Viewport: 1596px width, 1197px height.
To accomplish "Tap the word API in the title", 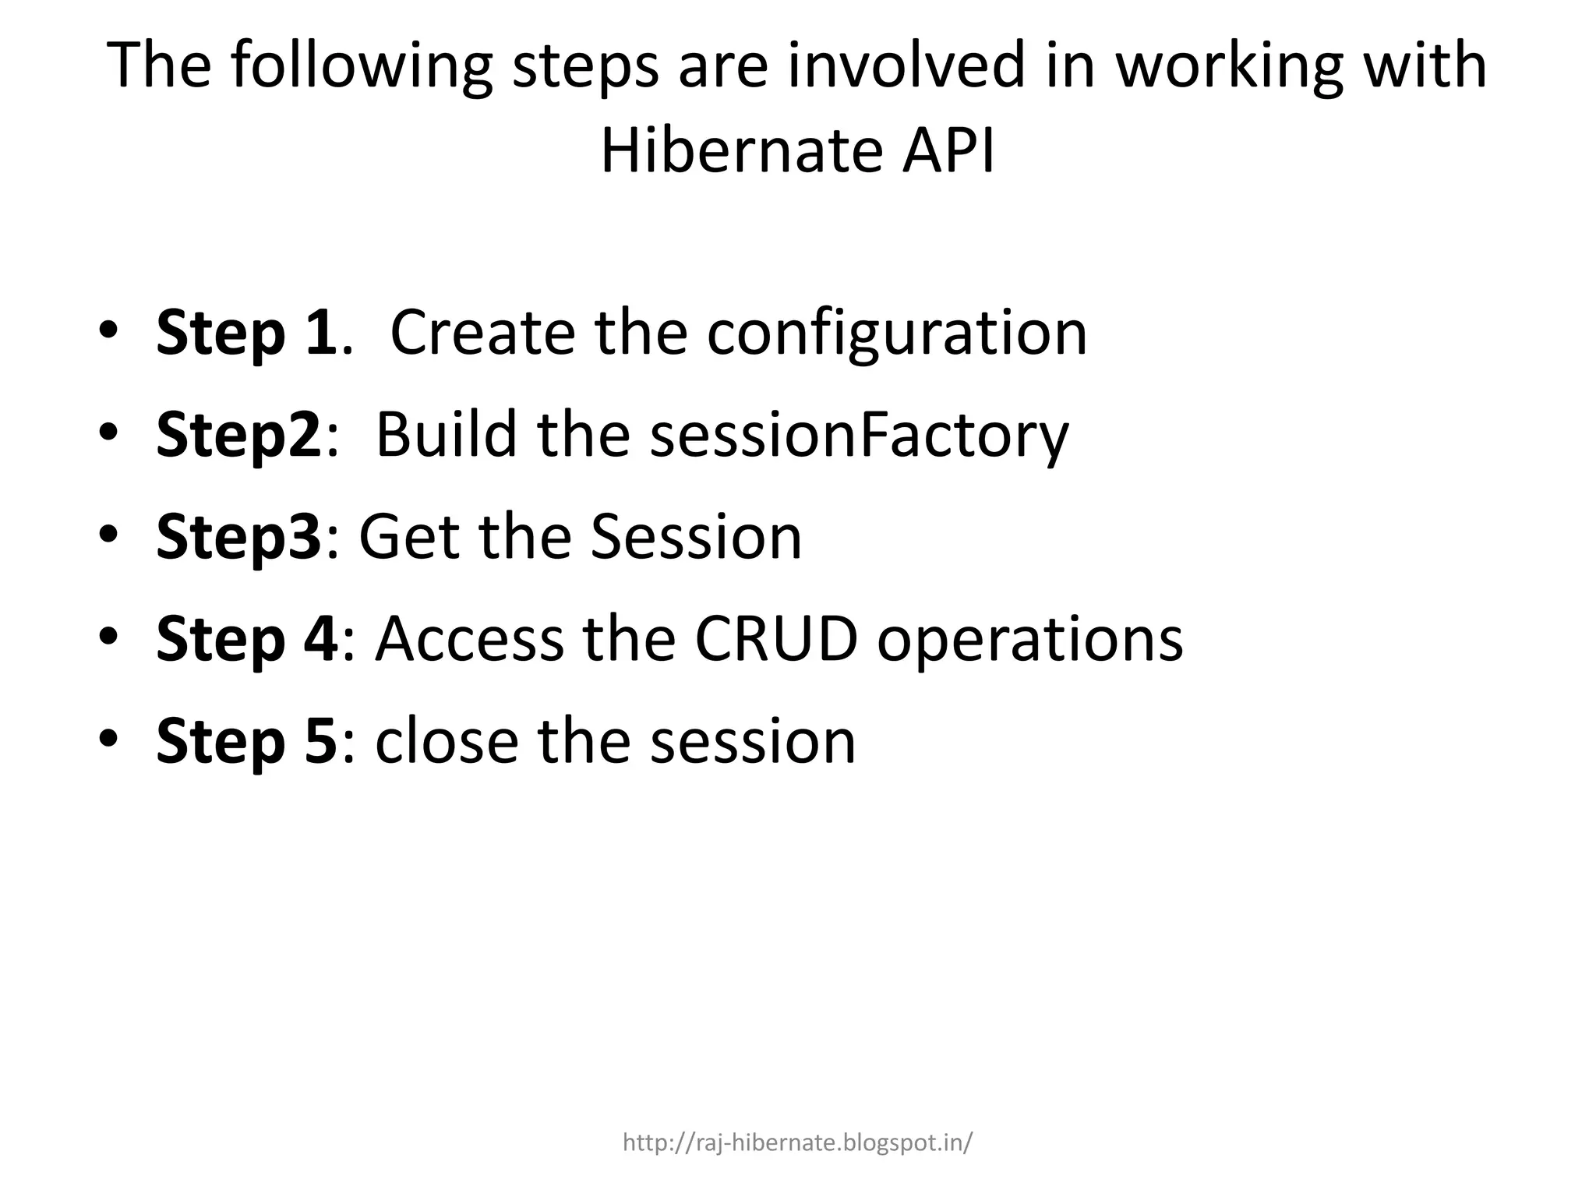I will pyautogui.click(x=948, y=150).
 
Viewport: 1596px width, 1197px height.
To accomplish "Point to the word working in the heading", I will pyautogui.click(x=1229, y=66).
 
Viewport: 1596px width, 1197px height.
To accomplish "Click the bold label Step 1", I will pyautogui.click(x=246, y=333).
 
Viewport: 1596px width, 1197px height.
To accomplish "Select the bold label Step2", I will pyautogui.click(x=238, y=435).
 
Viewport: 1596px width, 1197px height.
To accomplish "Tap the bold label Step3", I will pyautogui.click(x=238, y=537).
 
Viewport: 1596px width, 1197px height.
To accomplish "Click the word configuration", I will pyautogui.click(x=896, y=333).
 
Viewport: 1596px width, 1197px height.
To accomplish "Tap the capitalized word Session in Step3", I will pyautogui.click(x=696, y=537).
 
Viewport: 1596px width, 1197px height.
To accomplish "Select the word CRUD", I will pyautogui.click(x=775, y=639).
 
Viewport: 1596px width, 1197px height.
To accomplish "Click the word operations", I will pyautogui.click(x=1029, y=639).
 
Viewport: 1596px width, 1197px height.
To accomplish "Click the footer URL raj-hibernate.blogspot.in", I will pyautogui.click(x=797, y=1143).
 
